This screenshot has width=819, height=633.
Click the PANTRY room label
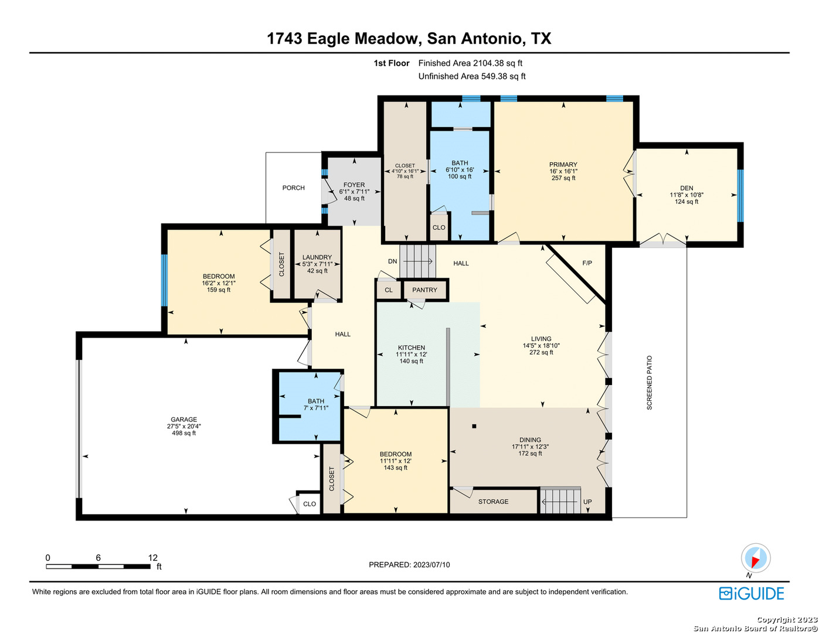[424, 290]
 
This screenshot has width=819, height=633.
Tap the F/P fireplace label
[587, 263]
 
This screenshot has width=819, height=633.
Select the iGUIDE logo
[751, 593]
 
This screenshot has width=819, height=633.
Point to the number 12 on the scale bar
[152, 557]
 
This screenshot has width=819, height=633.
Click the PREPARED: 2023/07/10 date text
[409, 564]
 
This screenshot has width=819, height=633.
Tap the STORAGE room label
[493, 502]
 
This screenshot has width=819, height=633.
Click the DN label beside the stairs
[392, 261]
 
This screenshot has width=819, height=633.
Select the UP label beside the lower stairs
[587, 502]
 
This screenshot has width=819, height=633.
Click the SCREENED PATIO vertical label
[649, 382]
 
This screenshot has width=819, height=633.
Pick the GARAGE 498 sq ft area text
[183, 433]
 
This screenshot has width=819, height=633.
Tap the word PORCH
[293, 188]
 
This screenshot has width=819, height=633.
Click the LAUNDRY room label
[317, 257]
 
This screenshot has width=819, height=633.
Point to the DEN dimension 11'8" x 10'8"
[687, 195]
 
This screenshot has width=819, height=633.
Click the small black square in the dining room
[474, 426]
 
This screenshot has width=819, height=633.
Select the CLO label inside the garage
[310, 504]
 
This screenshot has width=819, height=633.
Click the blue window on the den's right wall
[740, 196]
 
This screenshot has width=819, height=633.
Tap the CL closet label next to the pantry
[388, 290]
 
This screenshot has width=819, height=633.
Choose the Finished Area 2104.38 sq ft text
[470, 63]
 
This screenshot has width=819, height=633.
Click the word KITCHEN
[411, 348]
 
